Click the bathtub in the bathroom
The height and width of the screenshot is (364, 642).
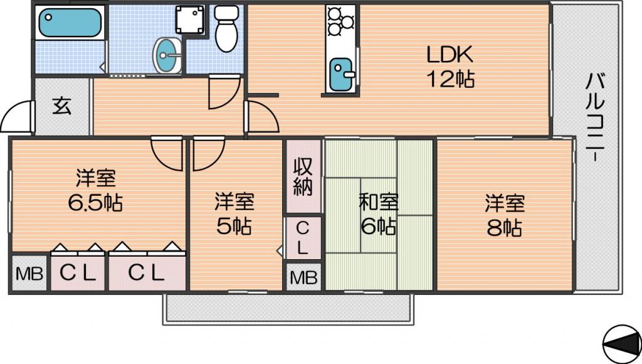point(70,23)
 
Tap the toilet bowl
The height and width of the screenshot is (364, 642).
point(226,30)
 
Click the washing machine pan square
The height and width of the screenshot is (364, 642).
point(189,19)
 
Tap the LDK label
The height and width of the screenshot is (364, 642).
point(450,55)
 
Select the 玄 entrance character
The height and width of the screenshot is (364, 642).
point(62,106)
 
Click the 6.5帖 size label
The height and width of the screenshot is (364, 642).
point(95,202)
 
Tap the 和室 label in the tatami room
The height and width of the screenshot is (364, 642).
point(379,202)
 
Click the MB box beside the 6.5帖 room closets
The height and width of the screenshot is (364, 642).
point(29,274)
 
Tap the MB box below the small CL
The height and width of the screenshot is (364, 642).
point(303,277)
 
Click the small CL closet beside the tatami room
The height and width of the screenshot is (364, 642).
point(303,238)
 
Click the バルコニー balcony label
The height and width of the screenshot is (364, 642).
point(594,117)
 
